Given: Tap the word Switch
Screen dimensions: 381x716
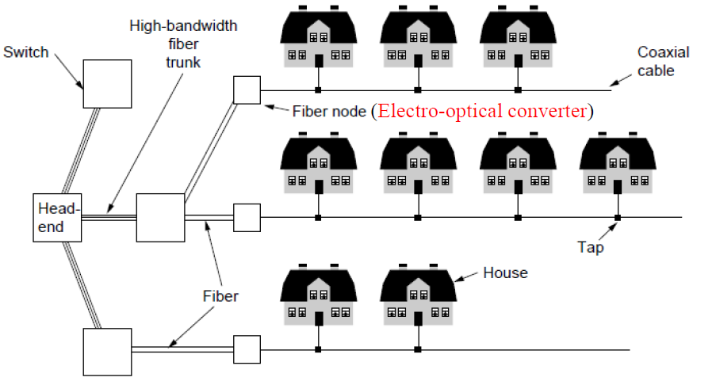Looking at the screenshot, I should click(25, 52).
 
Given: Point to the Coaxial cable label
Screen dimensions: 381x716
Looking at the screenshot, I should click(663, 61).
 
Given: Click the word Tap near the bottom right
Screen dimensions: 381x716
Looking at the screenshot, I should click(591, 247).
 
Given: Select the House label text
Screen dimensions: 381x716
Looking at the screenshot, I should click(505, 273).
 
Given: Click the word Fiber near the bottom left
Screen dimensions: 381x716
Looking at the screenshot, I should click(220, 297).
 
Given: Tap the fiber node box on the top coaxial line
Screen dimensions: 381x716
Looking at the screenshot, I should click(247, 90).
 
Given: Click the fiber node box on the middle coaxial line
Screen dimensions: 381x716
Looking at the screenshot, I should click(247, 217).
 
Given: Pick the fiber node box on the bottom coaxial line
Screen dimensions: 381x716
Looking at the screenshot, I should click(247, 349).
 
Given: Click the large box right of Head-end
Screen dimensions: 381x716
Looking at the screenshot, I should click(159, 217).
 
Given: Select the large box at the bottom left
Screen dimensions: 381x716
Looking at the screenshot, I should click(107, 351).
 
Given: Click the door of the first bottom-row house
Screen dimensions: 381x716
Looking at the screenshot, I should click(319, 318).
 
